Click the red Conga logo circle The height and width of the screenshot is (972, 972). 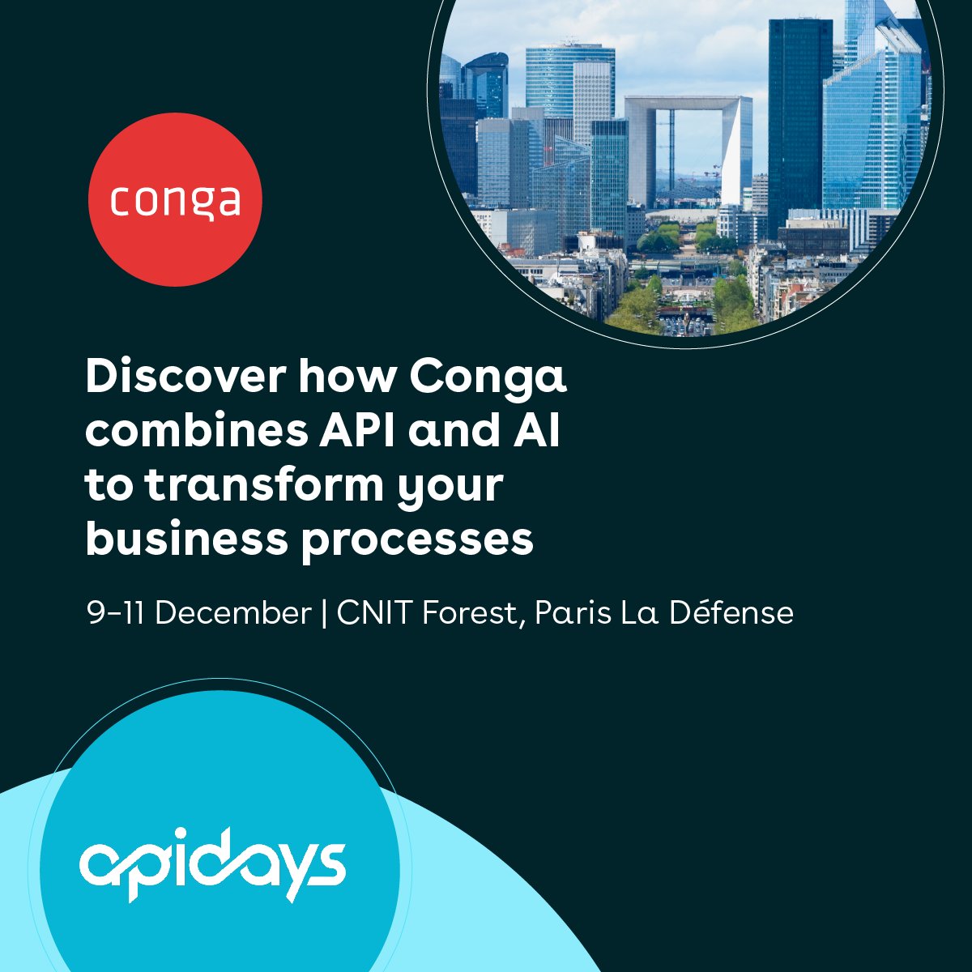pos(175,199)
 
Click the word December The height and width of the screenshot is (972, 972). pos(233,613)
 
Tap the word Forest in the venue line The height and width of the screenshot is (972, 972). pos(471,613)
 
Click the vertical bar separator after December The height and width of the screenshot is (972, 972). pos(324,613)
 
